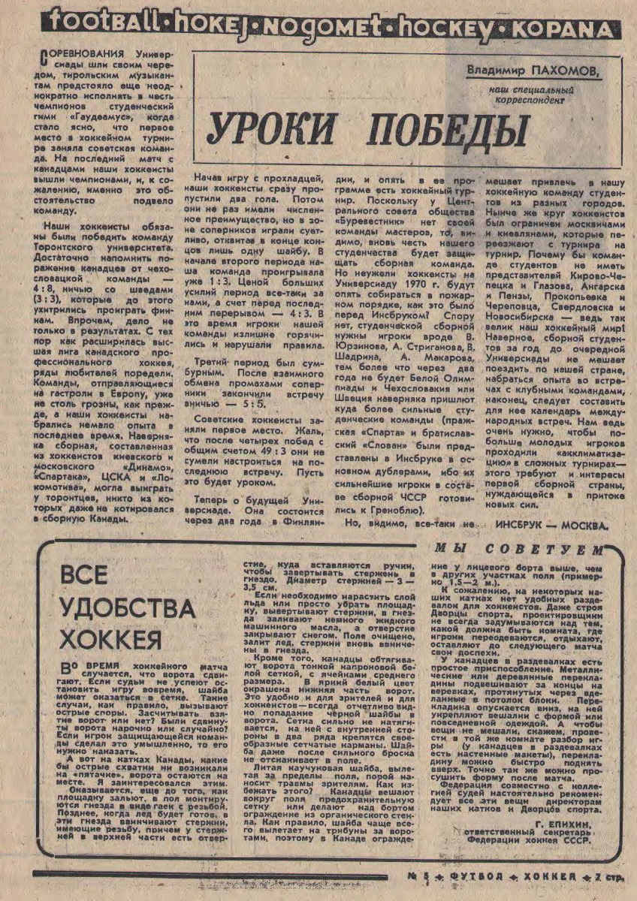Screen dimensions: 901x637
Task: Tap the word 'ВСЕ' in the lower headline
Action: (83, 577)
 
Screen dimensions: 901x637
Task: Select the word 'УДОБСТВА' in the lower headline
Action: (119, 608)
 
